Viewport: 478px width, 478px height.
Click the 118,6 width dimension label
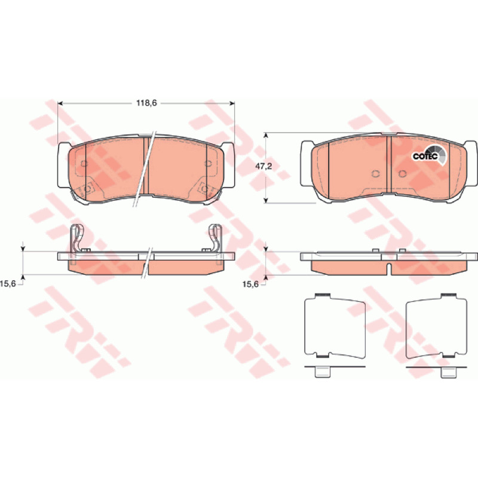[146, 103]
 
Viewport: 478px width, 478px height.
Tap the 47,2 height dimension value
[263, 166]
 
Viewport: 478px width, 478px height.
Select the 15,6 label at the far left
[8, 284]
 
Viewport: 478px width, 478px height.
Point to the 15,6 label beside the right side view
[250, 284]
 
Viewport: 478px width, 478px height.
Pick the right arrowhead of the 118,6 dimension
[232, 103]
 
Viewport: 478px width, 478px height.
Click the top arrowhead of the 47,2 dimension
[266, 136]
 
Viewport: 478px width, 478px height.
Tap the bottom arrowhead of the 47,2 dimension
[266, 200]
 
